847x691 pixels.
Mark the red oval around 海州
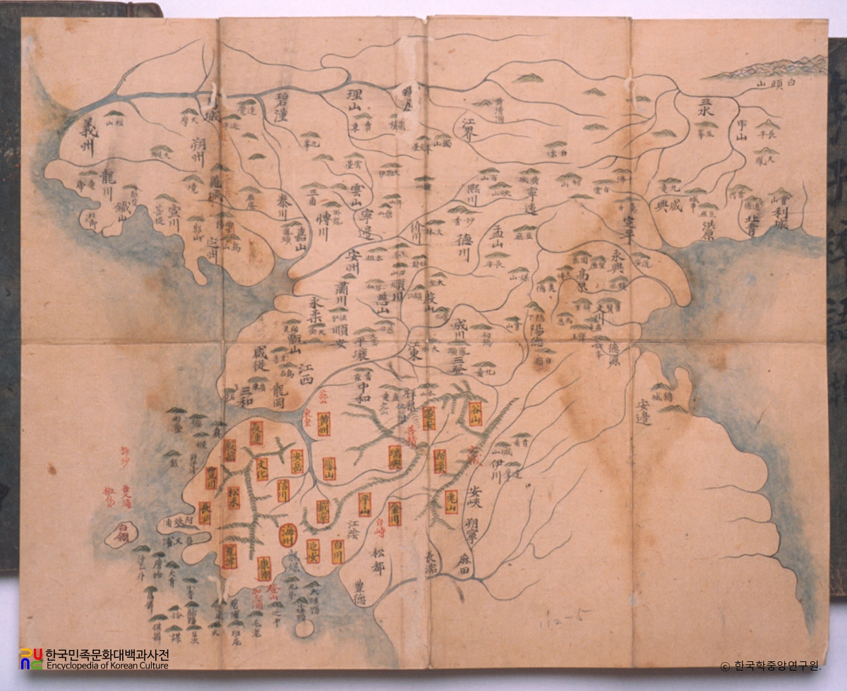point(288,533)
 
